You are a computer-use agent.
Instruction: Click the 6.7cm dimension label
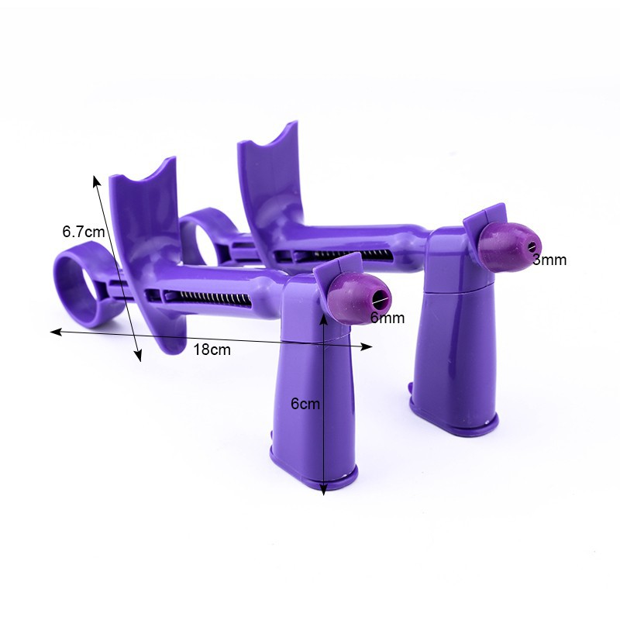[x=84, y=231]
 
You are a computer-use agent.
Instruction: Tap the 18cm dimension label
[x=212, y=350]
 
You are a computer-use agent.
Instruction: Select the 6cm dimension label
[x=305, y=404]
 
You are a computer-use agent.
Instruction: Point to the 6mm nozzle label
[x=387, y=318]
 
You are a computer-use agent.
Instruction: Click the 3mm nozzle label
[x=549, y=260]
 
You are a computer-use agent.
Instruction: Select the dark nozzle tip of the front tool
[x=358, y=298]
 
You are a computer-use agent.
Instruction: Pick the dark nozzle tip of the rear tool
[x=509, y=246]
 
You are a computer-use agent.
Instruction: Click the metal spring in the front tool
[x=208, y=298]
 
